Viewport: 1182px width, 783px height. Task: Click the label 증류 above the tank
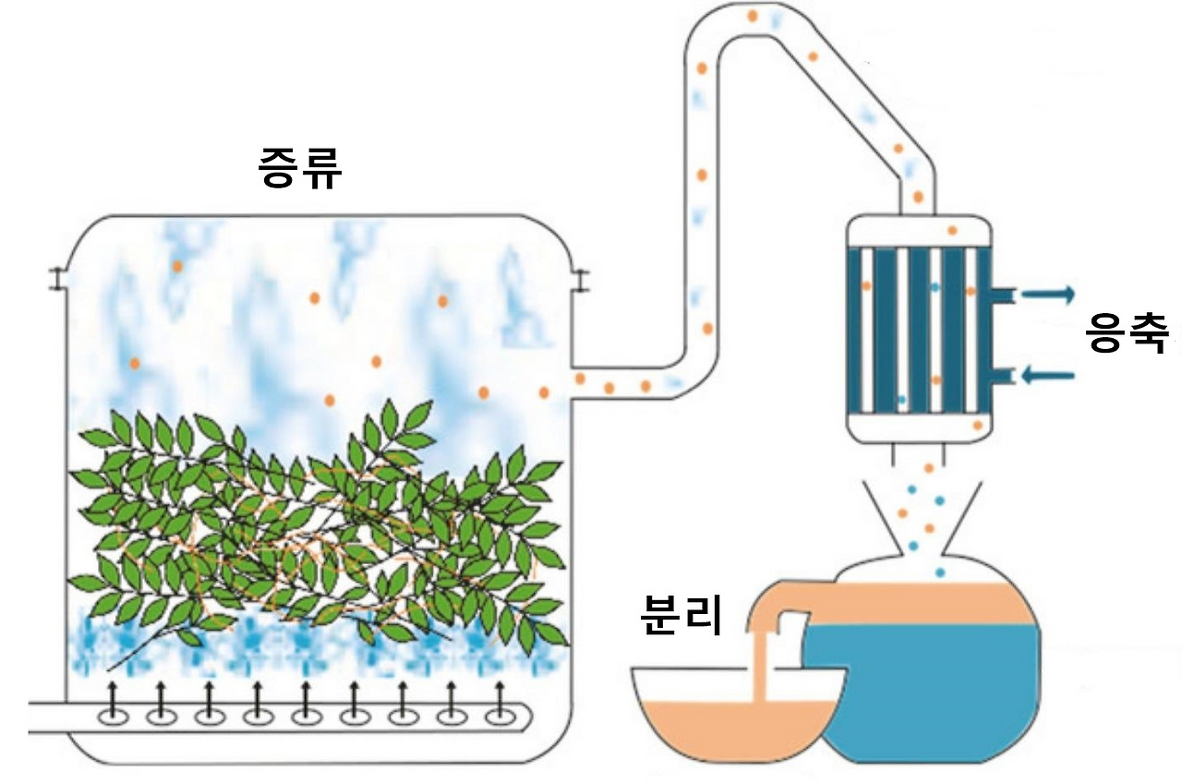pyautogui.click(x=300, y=167)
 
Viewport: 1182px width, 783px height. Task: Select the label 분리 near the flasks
pyautogui.click(x=680, y=614)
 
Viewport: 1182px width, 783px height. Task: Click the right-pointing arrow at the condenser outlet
pyautogui.click(x=1048, y=295)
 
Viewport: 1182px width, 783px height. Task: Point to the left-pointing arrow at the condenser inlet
pyautogui.click(x=1048, y=376)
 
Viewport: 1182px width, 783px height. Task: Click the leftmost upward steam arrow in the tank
pyautogui.click(x=112, y=695)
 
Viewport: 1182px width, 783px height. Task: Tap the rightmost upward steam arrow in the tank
pyautogui.click(x=500, y=695)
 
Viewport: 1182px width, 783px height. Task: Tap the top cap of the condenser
pyautogui.click(x=919, y=231)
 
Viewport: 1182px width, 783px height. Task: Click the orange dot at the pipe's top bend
pyautogui.click(x=753, y=17)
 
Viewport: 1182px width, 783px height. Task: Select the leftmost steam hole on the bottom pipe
pyautogui.click(x=114, y=717)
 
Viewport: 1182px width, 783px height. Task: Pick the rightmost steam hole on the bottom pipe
pyautogui.click(x=501, y=717)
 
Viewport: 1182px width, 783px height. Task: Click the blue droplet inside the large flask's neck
pyautogui.click(x=939, y=572)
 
